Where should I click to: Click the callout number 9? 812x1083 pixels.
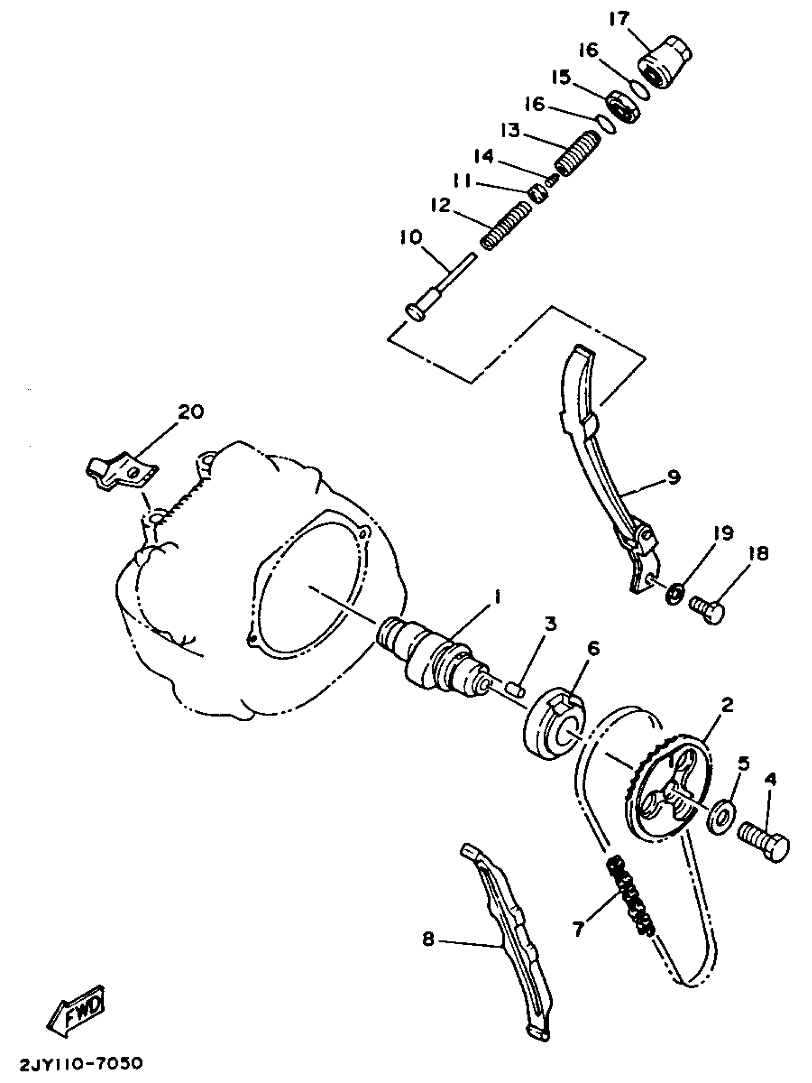pyautogui.click(x=673, y=477)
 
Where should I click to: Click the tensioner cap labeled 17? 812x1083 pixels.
pyautogui.click(x=666, y=63)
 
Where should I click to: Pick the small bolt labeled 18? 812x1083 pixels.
pyautogui.click(x=707, y=609)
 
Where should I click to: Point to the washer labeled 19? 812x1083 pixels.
pyautogui.click(x=675, y=594)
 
